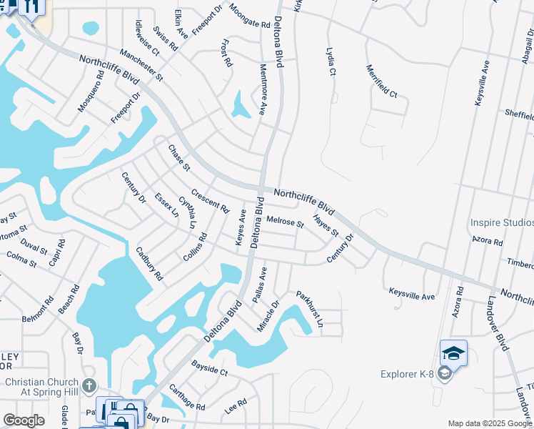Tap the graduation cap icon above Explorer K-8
453,353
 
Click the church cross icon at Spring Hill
89,386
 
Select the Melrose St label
285,222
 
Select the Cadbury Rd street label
149,264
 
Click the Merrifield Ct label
381,81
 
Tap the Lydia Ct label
331,61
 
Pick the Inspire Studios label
502,222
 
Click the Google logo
24,420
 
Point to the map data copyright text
490,423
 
